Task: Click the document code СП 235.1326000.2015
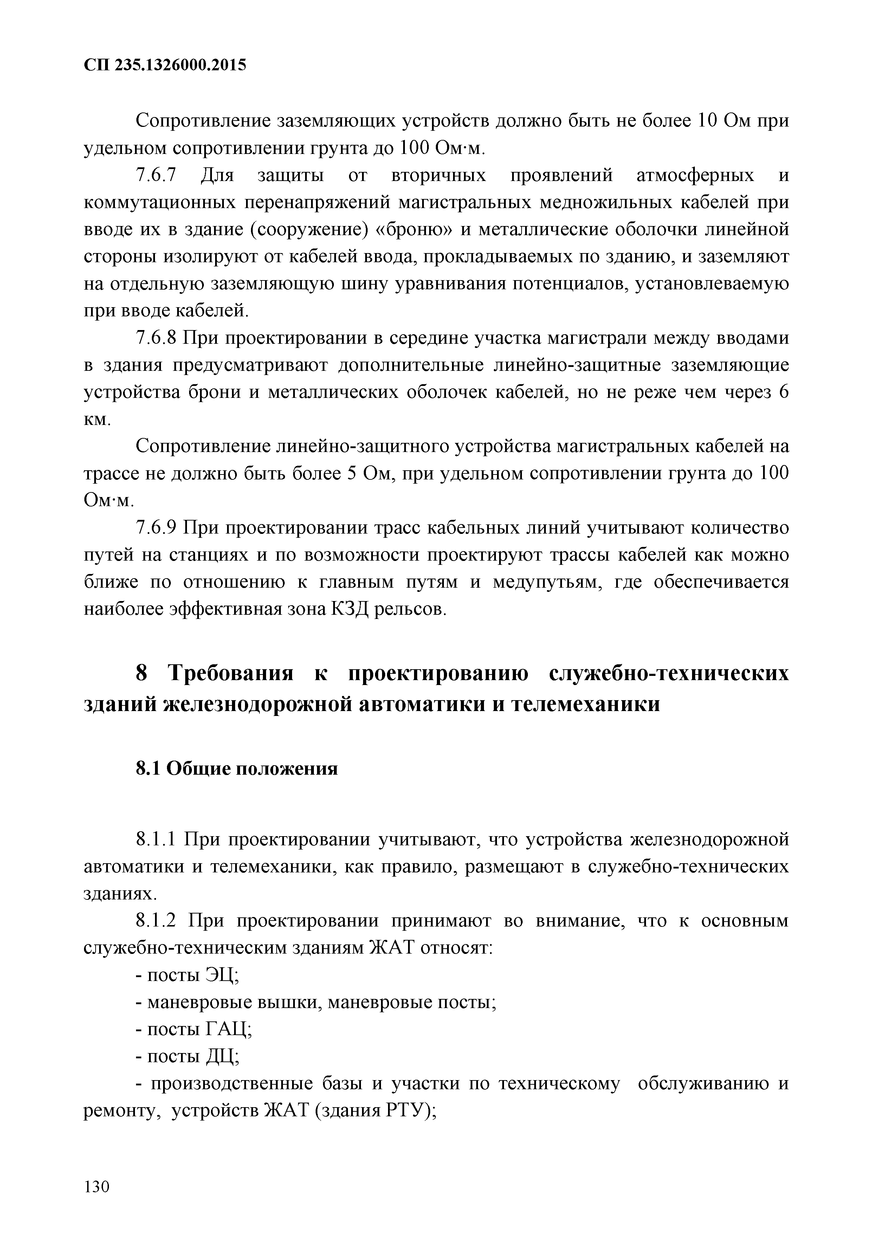(x=165, y=65)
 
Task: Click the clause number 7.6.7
(x=156, y=176)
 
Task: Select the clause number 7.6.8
(x=156, y=338)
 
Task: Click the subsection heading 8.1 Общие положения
(x=236, y=769)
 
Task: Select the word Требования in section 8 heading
(x=231, y=673)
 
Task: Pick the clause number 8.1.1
(x=156, y=839)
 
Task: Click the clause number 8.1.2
(x=156, y=921)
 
